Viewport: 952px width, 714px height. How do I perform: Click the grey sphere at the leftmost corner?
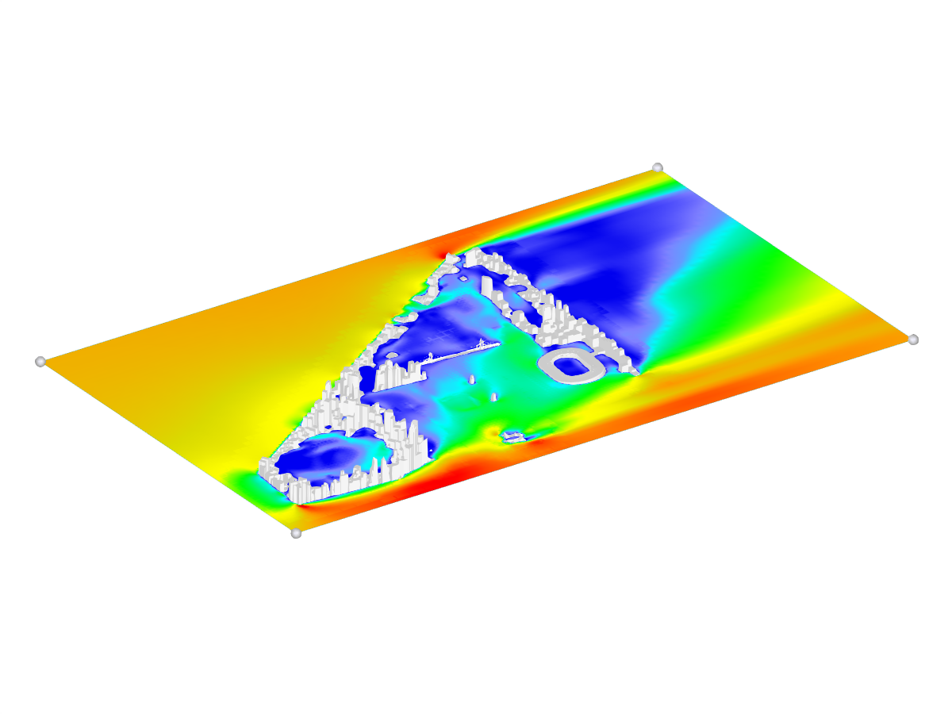click(x=40, y=362)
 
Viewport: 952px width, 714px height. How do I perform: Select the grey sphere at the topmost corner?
click(x=658, y=167)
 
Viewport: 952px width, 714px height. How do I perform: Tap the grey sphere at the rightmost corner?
click(x=913, y=340)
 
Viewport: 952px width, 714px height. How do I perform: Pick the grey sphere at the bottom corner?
click(x=296, y=533)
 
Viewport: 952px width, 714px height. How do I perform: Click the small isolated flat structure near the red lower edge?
click(x=512, y=436)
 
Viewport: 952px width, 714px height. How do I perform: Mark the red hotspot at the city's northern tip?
click(x=439, y=248)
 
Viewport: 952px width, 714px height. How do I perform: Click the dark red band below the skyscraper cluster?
click(x=428, y=481)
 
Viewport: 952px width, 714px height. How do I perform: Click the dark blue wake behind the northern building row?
click(x=587, y=270)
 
